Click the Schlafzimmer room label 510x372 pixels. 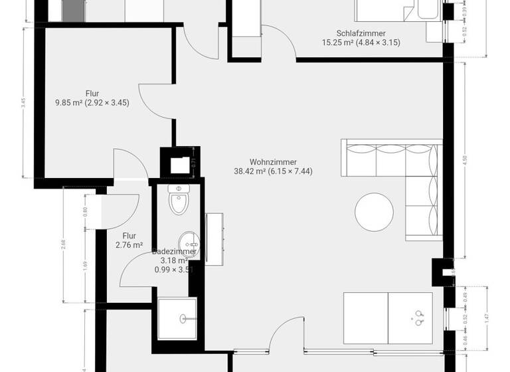click(361, 33)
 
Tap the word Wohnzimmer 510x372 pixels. click(273, 161)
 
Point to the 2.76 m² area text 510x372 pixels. click(129, 245)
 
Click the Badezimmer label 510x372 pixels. click(173, 252)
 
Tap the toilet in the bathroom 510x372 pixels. click(179, 201)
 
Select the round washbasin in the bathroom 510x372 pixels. click(188, 240)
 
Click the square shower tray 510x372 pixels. click(178, 318)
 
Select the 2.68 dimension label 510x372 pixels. click(63, 244)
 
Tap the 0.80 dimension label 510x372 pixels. click(84, 212)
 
